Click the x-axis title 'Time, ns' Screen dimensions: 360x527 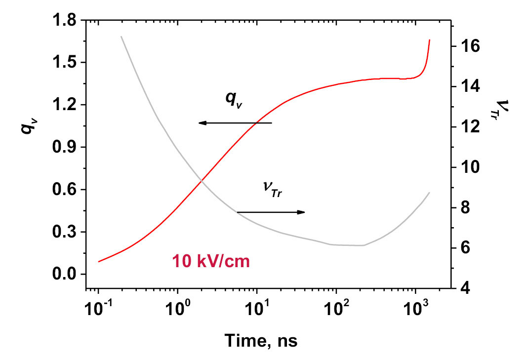coord(261,340)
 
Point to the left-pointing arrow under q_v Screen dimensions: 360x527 coord(235,123)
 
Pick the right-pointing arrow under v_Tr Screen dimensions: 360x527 coord(271,212)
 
